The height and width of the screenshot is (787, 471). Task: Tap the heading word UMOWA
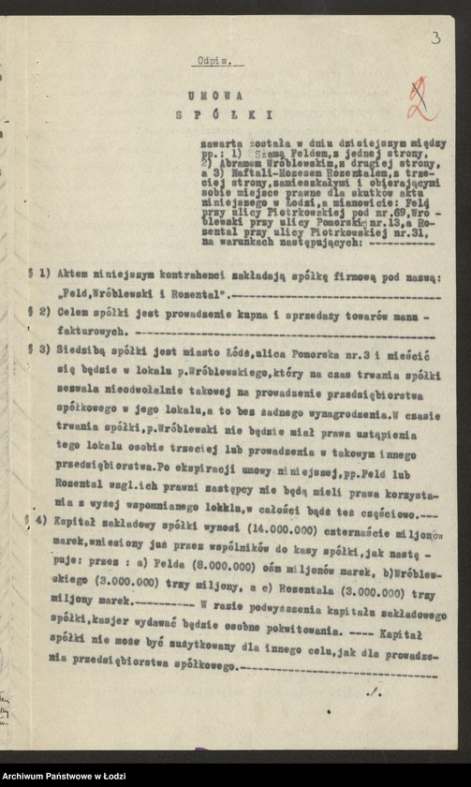point(214,96)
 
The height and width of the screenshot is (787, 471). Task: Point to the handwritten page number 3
point(435,37)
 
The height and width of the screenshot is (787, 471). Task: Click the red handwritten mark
point(422,100)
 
